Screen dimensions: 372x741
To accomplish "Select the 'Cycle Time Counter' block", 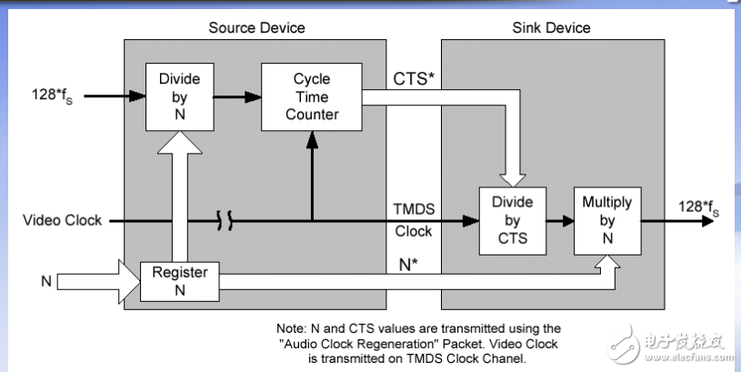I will click(x=311, y=96).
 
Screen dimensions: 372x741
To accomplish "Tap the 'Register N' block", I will click(x=179, y=281).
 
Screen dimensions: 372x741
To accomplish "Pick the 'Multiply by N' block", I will click(x=606, y=221).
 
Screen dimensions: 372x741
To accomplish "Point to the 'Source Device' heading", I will click(x=256, y=27).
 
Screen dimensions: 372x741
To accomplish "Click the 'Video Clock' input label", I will click(x=61, y=220).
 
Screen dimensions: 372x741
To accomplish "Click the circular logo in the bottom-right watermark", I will click(x=626, y=341).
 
